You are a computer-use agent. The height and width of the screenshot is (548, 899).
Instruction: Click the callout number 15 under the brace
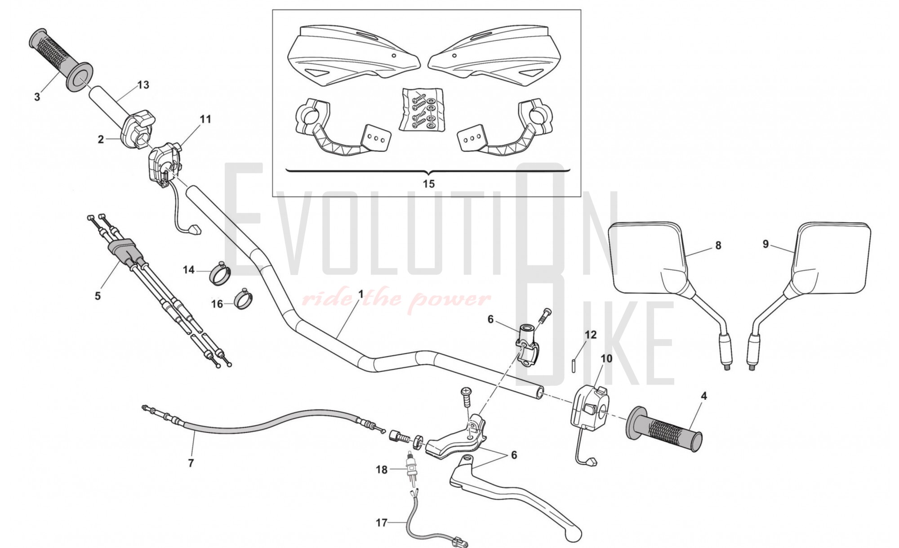point(428,184)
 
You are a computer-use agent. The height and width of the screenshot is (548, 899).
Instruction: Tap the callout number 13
point(143,85)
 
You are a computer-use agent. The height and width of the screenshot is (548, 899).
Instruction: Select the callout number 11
point(205,119)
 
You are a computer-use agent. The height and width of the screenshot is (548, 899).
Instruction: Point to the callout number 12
point(591,335)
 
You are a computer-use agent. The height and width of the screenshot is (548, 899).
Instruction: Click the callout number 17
point(381,523)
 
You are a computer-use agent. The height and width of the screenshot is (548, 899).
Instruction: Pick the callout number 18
point(381,470)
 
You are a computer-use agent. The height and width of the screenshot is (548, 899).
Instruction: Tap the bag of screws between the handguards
point(422,110)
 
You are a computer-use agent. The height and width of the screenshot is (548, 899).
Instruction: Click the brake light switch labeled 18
point(410,466)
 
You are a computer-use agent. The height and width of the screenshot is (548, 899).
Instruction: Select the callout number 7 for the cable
point(191,463)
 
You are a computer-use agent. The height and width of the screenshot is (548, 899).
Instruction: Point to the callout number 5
point(98,296)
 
